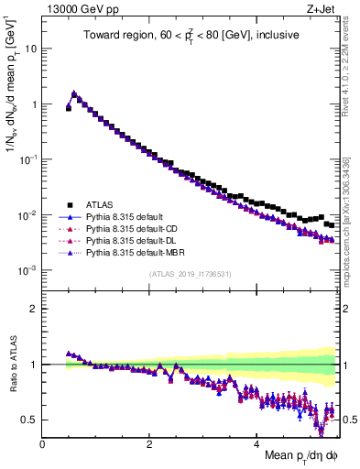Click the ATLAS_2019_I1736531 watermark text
click(x=190, y=275)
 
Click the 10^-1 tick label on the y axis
click(x=27, y=159)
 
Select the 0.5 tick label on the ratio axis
click(x=29, y=420)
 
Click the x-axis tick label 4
click(x=257, y=443)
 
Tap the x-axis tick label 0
click(x=43, y=443)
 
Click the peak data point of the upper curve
click(x=73, y=93)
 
